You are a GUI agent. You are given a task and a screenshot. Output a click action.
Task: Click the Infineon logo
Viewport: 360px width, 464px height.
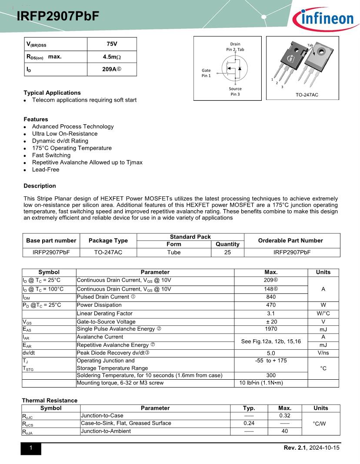tap(323, 19)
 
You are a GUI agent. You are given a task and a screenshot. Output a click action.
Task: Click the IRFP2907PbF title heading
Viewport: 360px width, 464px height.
tap(58, 17)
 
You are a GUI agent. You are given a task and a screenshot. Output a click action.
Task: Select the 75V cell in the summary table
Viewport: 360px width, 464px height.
tap(112, 44)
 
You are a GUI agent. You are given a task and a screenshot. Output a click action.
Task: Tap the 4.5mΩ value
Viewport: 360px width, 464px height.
tap(112, 57)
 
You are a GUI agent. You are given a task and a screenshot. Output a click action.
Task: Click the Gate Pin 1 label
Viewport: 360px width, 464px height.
tap(206, 73)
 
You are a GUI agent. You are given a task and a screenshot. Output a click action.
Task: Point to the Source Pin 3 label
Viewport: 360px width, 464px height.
tap(235, 91)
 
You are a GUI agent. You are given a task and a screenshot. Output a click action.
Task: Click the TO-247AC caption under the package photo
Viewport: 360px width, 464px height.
tap(307, 95)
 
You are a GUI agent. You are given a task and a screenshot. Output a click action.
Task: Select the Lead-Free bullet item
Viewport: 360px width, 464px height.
tap(45, 169)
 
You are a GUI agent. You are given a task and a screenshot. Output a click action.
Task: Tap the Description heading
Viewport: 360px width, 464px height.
tap(40, 186)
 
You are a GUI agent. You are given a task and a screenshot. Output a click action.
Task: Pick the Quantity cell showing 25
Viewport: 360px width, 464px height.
tap(227, 252)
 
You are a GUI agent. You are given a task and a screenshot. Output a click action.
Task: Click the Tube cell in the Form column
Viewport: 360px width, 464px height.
tap(173, 252)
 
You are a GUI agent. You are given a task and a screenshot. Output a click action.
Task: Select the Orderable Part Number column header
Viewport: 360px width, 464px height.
tap(290, 241)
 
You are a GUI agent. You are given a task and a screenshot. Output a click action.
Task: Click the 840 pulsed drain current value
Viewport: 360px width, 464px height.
tap(270, 297)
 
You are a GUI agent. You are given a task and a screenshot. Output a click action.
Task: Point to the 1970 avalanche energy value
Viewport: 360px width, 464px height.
tap(270, 329)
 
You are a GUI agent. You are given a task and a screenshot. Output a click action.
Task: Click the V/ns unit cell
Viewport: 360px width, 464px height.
tap(323, 353)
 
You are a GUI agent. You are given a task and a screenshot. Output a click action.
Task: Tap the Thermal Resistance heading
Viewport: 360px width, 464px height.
tap(50, 401)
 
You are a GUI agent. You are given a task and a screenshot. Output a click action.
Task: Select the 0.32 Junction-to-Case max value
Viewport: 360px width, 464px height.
tap(285, 416)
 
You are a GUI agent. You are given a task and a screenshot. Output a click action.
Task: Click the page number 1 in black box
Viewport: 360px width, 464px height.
tap(31, 448)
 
